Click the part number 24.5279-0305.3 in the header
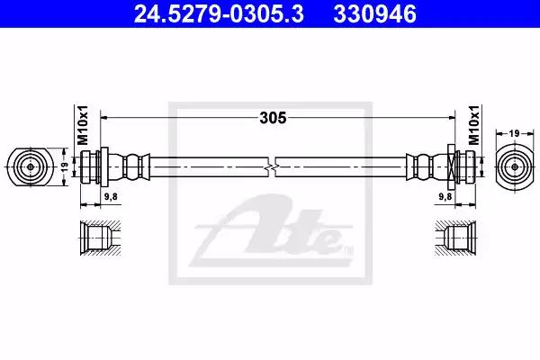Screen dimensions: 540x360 point(219,14)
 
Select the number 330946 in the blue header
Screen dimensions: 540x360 point(374,14)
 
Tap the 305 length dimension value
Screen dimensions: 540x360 point(273,118)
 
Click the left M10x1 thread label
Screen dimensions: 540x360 point(83,125)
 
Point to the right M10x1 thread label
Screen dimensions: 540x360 point(474,125)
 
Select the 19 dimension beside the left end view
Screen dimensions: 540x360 point(65,167)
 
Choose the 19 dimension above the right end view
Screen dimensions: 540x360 point(514,133)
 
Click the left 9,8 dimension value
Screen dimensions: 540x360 point(111,196)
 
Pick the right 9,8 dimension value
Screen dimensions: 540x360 point(445,196)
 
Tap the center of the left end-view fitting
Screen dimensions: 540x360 point(31,167)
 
